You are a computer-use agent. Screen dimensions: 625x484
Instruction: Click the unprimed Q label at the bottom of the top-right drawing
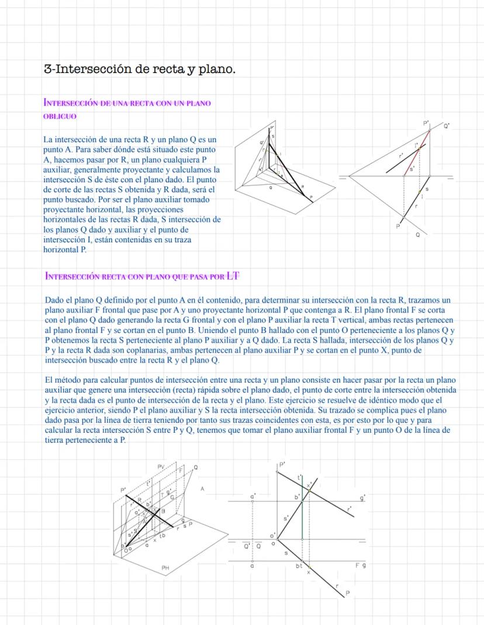click(x=417, y=235)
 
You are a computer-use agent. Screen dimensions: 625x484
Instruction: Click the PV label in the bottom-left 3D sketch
click(x=161, y=465)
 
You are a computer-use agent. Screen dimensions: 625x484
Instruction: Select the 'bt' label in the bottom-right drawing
click(x=299, y=566)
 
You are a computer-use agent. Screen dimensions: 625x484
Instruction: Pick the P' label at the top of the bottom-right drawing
click(x=282, y=465)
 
